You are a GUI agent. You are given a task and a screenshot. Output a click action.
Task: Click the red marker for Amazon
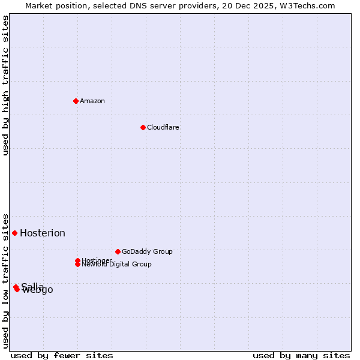coord(76,101)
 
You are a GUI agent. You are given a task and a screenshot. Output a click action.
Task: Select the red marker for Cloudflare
coord(143,127)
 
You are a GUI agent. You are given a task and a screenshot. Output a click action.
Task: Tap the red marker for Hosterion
coord(14,233)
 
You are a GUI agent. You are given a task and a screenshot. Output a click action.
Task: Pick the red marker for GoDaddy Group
coord(118,251)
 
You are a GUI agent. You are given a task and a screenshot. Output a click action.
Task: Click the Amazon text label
coord(92,101)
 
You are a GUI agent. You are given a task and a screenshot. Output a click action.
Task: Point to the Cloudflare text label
coord(163,127)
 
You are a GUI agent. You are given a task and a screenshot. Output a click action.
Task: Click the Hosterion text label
coord(43,233)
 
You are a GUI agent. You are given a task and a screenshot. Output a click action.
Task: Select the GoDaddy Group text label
coord(147,251)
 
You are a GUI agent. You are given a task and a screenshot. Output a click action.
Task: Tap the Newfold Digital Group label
coord(117,265)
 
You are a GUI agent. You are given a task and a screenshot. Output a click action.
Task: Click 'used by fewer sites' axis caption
coord(62,355)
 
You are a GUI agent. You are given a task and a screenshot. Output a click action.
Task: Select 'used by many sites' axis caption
coord(301,355)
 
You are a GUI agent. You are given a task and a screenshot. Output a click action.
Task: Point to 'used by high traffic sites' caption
coord(5,85)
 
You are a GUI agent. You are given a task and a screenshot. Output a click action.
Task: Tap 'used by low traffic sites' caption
coord(5,280)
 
